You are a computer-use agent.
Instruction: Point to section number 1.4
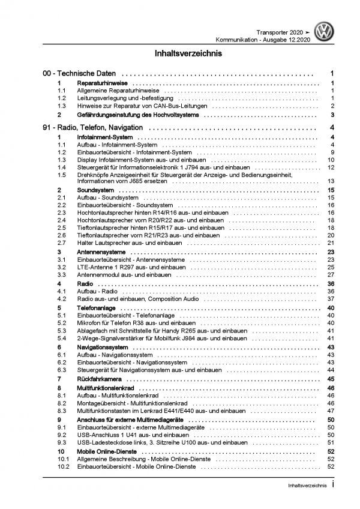tap(62, 169)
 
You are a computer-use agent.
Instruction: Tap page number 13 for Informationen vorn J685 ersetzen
tap(330, 181)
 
